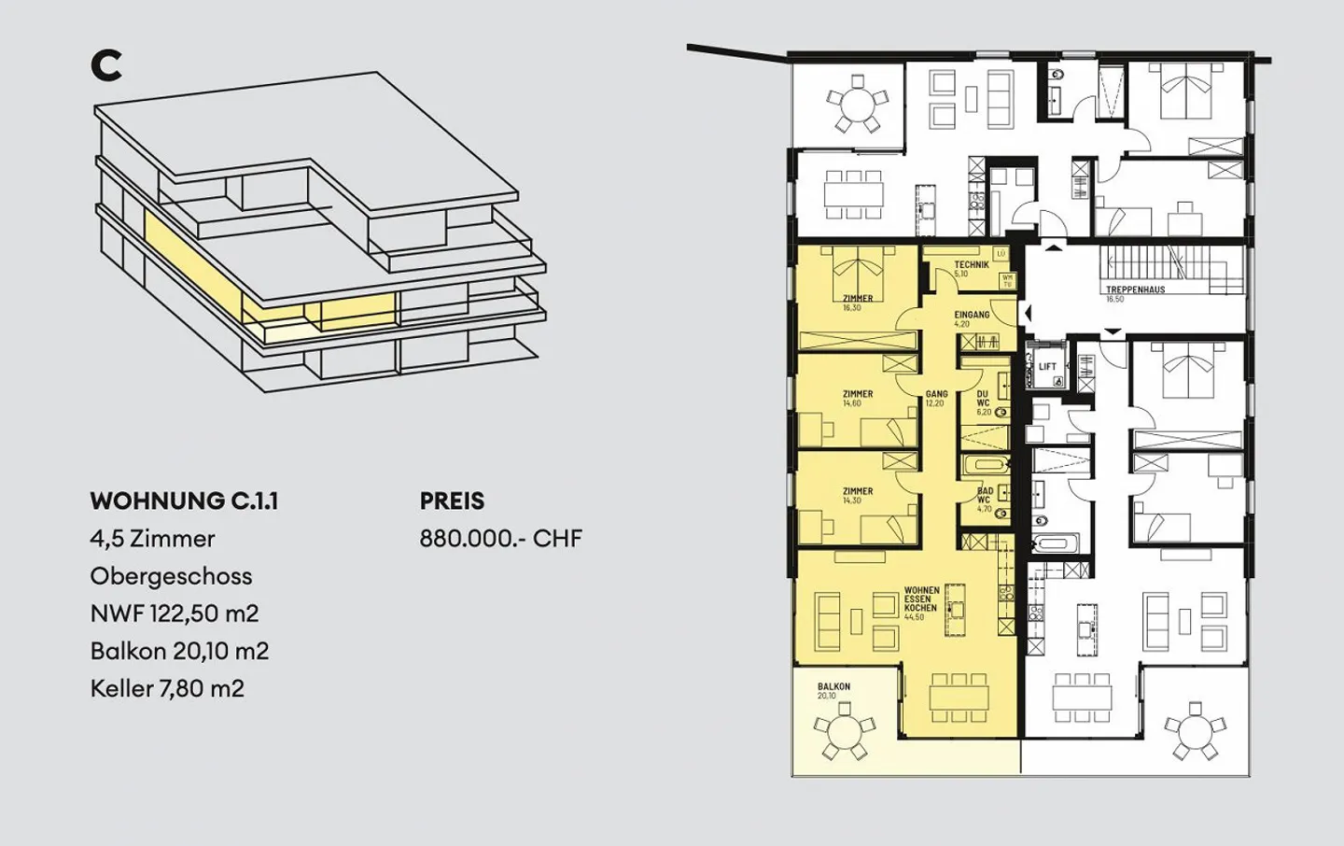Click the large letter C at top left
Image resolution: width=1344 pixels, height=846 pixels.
click(x=106, y=65)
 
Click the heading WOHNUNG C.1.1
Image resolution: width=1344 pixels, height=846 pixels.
click(x=184, y=501)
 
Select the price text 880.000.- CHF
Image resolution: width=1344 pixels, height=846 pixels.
click(x=500, y=539)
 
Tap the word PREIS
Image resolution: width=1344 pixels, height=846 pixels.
click(x=452, y=501)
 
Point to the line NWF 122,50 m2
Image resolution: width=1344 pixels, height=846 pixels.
click(x=175, y=613)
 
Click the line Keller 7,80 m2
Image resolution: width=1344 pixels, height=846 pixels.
click(x=167, y=689)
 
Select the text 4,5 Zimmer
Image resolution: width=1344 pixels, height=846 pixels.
click(x=152, y=539)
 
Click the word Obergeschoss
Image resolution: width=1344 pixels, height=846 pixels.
click(x=171, y=576)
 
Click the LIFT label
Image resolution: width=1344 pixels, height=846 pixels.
click(x=1047, y=367)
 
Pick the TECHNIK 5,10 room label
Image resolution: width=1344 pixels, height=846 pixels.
click(x=971, y=268)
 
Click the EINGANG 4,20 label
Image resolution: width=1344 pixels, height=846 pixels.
click(x=971, y=318)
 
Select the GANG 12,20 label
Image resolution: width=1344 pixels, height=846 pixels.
click(x=936, y=399)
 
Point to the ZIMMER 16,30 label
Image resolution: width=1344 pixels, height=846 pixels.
click(x=857, y=303)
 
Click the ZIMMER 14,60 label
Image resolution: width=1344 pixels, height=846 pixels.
click(x=857, y=399)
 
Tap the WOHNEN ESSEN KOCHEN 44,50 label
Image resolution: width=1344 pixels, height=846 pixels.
click(x=921, y=603)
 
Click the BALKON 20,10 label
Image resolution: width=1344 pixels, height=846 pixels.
click(x=833, y=690)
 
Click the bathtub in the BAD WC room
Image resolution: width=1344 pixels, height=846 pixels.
click(x=986, y=464)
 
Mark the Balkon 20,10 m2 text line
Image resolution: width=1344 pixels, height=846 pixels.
click(x=179, y=651)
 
